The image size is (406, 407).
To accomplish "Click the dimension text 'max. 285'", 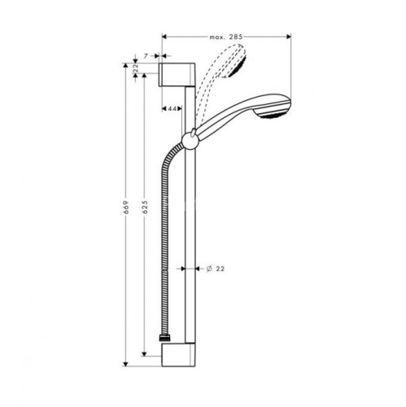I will tap(225, 37).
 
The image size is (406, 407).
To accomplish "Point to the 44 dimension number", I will tap(172, 107).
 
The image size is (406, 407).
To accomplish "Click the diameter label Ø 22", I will tap(215, 268).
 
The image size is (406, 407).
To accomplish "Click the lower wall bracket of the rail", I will tap(177, 357).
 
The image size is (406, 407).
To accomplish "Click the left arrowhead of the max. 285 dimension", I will tap(166, 37).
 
